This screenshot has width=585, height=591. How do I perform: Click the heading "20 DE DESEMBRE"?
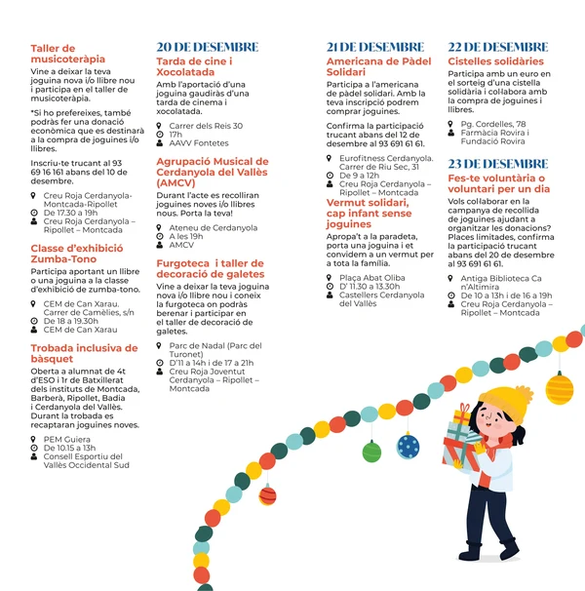(208, 47)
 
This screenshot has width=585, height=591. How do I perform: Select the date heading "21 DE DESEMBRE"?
(375, 47)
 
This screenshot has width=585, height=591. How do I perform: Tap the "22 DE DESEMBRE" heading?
(497, 47)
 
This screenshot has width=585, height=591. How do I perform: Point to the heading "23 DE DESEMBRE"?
(497, 164)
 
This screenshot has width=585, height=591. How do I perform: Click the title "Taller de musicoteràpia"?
(67, 54)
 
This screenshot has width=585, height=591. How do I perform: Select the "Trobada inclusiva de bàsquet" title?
(84, 353)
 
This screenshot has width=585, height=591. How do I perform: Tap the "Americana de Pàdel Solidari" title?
(378, 66)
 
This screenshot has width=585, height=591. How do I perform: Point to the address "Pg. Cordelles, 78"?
(493, 125)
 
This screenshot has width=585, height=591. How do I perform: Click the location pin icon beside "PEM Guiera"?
(35, 439)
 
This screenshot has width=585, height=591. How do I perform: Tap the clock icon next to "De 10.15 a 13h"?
(35, 448)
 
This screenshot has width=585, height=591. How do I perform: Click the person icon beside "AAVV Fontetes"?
(160, 142)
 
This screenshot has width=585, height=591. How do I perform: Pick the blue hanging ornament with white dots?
(408, 446)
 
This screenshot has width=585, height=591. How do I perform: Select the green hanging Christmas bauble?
(370, 451)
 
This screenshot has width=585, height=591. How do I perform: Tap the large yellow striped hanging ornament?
(559, 387)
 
